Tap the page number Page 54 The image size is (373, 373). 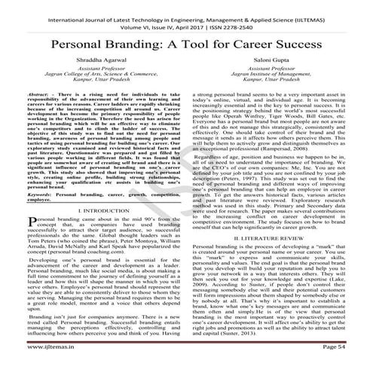(347, 364)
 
